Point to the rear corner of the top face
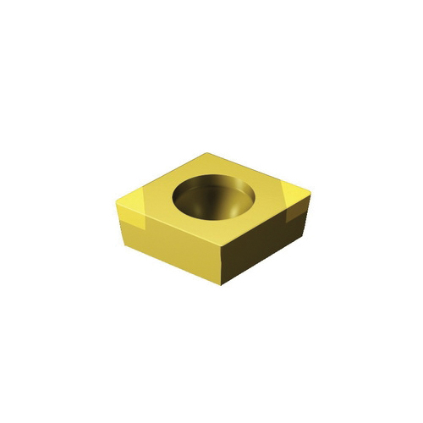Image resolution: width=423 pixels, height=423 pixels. click(207, 152)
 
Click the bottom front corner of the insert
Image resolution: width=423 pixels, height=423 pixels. click(222, 287)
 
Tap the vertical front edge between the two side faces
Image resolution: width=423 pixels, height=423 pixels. click(222, 266)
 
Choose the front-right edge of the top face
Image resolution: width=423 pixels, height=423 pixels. click(263, 217)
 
